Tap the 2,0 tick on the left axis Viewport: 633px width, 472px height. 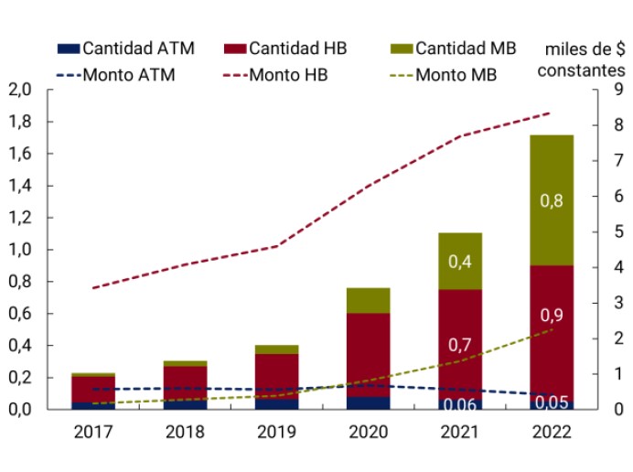point(20,90)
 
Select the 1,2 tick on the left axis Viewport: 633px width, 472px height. point(20,218)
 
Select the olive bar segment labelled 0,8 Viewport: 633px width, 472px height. point(552,200)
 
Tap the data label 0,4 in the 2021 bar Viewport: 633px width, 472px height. point(459,261)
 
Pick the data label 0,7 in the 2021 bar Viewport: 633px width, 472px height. point(459,345)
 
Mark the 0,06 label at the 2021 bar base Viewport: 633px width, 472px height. point(459,404)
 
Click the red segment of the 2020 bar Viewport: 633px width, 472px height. point(368,355)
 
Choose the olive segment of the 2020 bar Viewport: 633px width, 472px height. point(368,300)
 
